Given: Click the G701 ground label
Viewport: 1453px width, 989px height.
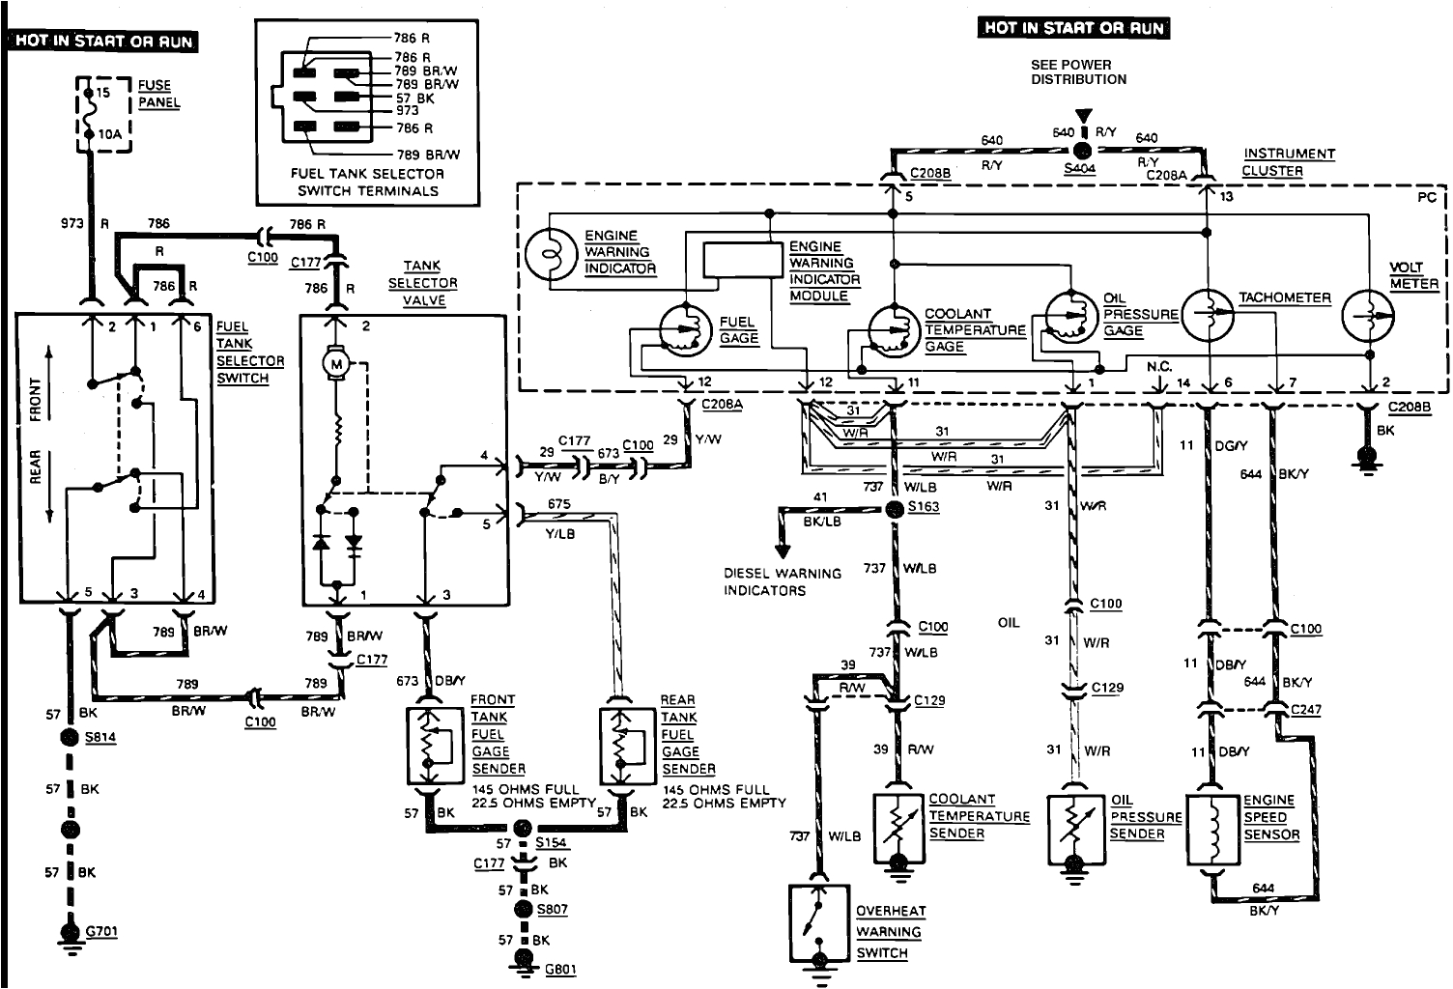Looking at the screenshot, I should pos(102,932).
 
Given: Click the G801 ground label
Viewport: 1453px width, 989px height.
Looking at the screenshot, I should pos(560,969).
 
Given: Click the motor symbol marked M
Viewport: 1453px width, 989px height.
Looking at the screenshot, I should pos(337,362).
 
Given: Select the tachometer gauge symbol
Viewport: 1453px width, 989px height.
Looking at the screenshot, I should pos(1209,314).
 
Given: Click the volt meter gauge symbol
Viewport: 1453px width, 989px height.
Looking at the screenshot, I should pos(1369,314).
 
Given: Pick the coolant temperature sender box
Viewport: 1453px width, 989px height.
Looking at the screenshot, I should pos(898,829).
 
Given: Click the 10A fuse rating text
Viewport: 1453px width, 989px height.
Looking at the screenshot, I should pos(109,135).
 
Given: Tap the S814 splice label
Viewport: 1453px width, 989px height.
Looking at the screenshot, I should pos(100,737).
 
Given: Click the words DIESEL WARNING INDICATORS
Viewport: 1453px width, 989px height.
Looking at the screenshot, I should pos(783,581).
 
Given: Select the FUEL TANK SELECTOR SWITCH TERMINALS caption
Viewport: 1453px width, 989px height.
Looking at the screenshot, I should pos(367,183).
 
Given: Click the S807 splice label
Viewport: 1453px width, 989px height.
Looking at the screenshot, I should pos(553,910).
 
